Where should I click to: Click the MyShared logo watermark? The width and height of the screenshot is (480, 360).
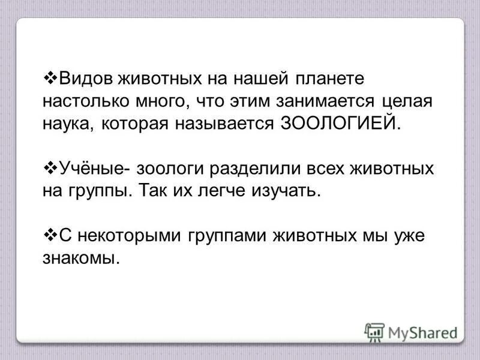point(410,332)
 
